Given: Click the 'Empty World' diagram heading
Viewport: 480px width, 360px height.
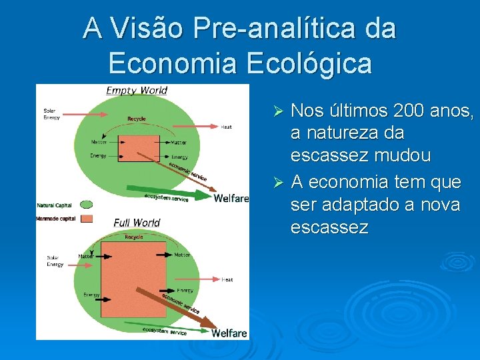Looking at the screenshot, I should click(137, 90).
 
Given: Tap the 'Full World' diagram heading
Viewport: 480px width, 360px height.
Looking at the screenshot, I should click(137, 222).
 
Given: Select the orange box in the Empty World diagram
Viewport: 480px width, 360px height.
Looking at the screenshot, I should click(139, 148).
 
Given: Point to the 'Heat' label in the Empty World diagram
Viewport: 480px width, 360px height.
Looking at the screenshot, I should click(227, 127).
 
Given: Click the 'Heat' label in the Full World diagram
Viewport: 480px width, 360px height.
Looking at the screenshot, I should click(227, 279).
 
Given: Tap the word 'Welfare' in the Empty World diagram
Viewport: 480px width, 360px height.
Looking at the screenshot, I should click(231, 198).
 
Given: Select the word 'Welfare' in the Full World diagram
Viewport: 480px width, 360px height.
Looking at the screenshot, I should click(229, 333).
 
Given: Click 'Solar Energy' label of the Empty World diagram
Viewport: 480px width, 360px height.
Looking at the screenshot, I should click(51, 114).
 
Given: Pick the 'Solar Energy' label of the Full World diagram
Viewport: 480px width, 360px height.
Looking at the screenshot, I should click(55, 261).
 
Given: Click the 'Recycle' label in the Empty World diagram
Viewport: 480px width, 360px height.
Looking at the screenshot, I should click(136, 119).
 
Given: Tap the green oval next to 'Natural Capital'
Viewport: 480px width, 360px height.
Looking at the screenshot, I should click(86, 205).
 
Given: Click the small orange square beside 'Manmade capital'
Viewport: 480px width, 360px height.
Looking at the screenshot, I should click(86, 218).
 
